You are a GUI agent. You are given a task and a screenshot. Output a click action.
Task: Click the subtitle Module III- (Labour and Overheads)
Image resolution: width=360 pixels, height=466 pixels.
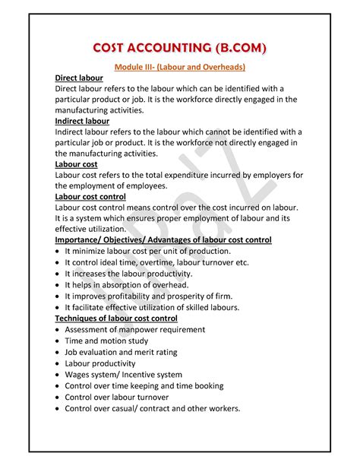(x=180, y=68)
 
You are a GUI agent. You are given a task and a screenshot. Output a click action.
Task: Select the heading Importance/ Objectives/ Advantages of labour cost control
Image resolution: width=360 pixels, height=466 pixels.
(x=163, y=239)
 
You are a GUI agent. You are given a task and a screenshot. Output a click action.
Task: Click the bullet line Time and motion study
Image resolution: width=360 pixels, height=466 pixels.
(x=108, y=341)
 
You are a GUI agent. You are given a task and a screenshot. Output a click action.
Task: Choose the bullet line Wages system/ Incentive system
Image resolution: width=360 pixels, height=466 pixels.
(x=123, y=375)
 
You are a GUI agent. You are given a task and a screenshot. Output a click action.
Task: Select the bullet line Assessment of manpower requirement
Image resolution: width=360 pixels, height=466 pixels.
(x=134, y=330)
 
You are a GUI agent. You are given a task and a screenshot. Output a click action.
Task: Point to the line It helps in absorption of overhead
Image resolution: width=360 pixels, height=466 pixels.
(x=131, y=284)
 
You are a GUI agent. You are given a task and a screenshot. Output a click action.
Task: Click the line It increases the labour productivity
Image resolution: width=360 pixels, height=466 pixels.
(x=134, y=273)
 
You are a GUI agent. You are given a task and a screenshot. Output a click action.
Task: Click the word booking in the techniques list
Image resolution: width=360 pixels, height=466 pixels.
(x=205, y=386)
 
